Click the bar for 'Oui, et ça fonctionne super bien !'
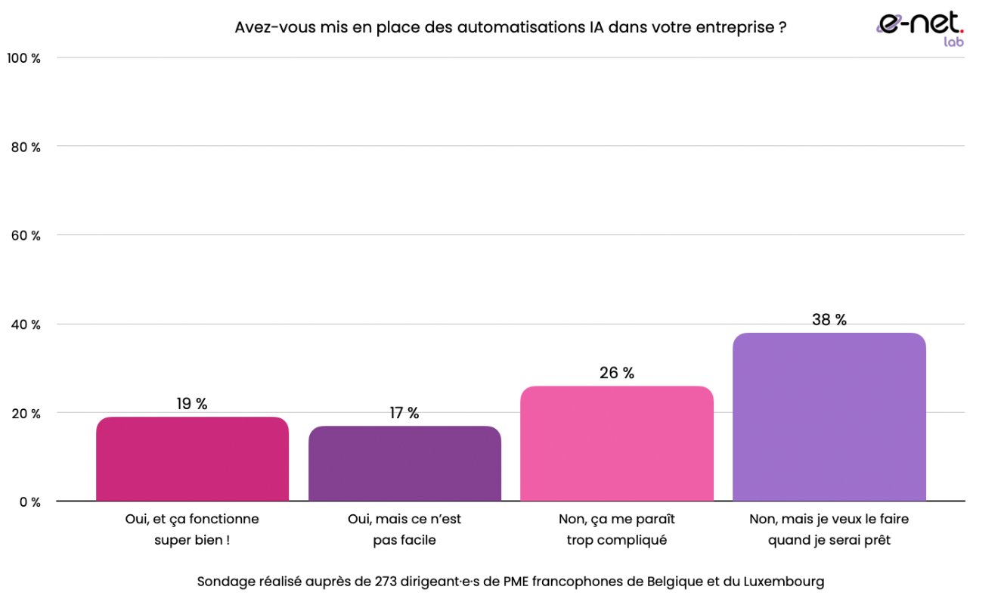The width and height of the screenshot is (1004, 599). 192,459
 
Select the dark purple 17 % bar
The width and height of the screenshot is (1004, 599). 404,464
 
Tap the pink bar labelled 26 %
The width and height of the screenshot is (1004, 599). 616,444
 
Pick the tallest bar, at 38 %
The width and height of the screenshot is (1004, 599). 829,417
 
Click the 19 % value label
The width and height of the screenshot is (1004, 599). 192,404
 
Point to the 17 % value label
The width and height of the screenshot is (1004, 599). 404,413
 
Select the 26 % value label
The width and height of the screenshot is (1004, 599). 616,373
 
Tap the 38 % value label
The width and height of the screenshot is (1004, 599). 829,320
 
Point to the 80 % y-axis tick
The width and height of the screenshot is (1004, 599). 26,147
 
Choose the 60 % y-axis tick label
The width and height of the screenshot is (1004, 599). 26,236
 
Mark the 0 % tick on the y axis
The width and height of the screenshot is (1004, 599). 29,502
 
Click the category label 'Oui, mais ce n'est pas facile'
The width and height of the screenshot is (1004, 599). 404,529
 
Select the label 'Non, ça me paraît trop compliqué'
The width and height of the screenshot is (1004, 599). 616,529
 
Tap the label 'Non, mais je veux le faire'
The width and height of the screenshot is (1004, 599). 829,520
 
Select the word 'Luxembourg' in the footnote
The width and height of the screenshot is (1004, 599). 784,582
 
